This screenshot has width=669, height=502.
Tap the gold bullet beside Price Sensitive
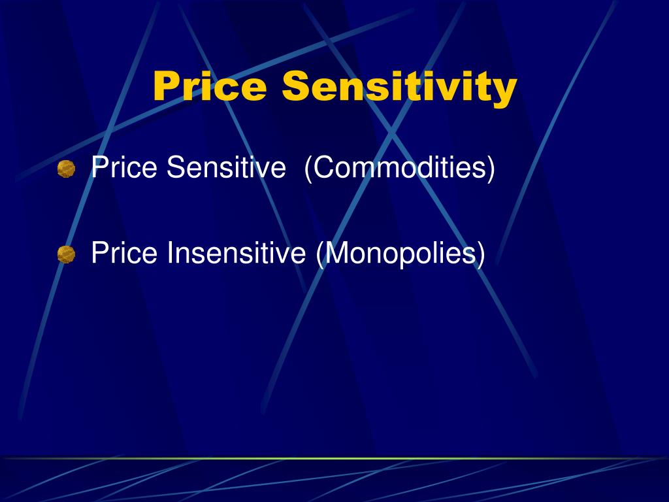point(66,169)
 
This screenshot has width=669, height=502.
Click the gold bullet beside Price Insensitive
point(66,254)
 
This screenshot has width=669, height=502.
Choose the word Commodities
point(400,168)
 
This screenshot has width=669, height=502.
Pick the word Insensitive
point(237,252)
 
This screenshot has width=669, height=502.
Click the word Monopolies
point(400,254)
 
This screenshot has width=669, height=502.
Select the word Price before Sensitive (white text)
point(125,168)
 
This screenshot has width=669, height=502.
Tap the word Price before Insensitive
point(125,252)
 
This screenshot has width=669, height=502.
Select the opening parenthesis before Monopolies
point(319,254)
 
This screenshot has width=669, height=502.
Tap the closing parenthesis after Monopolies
point(481,254)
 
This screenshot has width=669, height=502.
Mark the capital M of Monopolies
point(335,252)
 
